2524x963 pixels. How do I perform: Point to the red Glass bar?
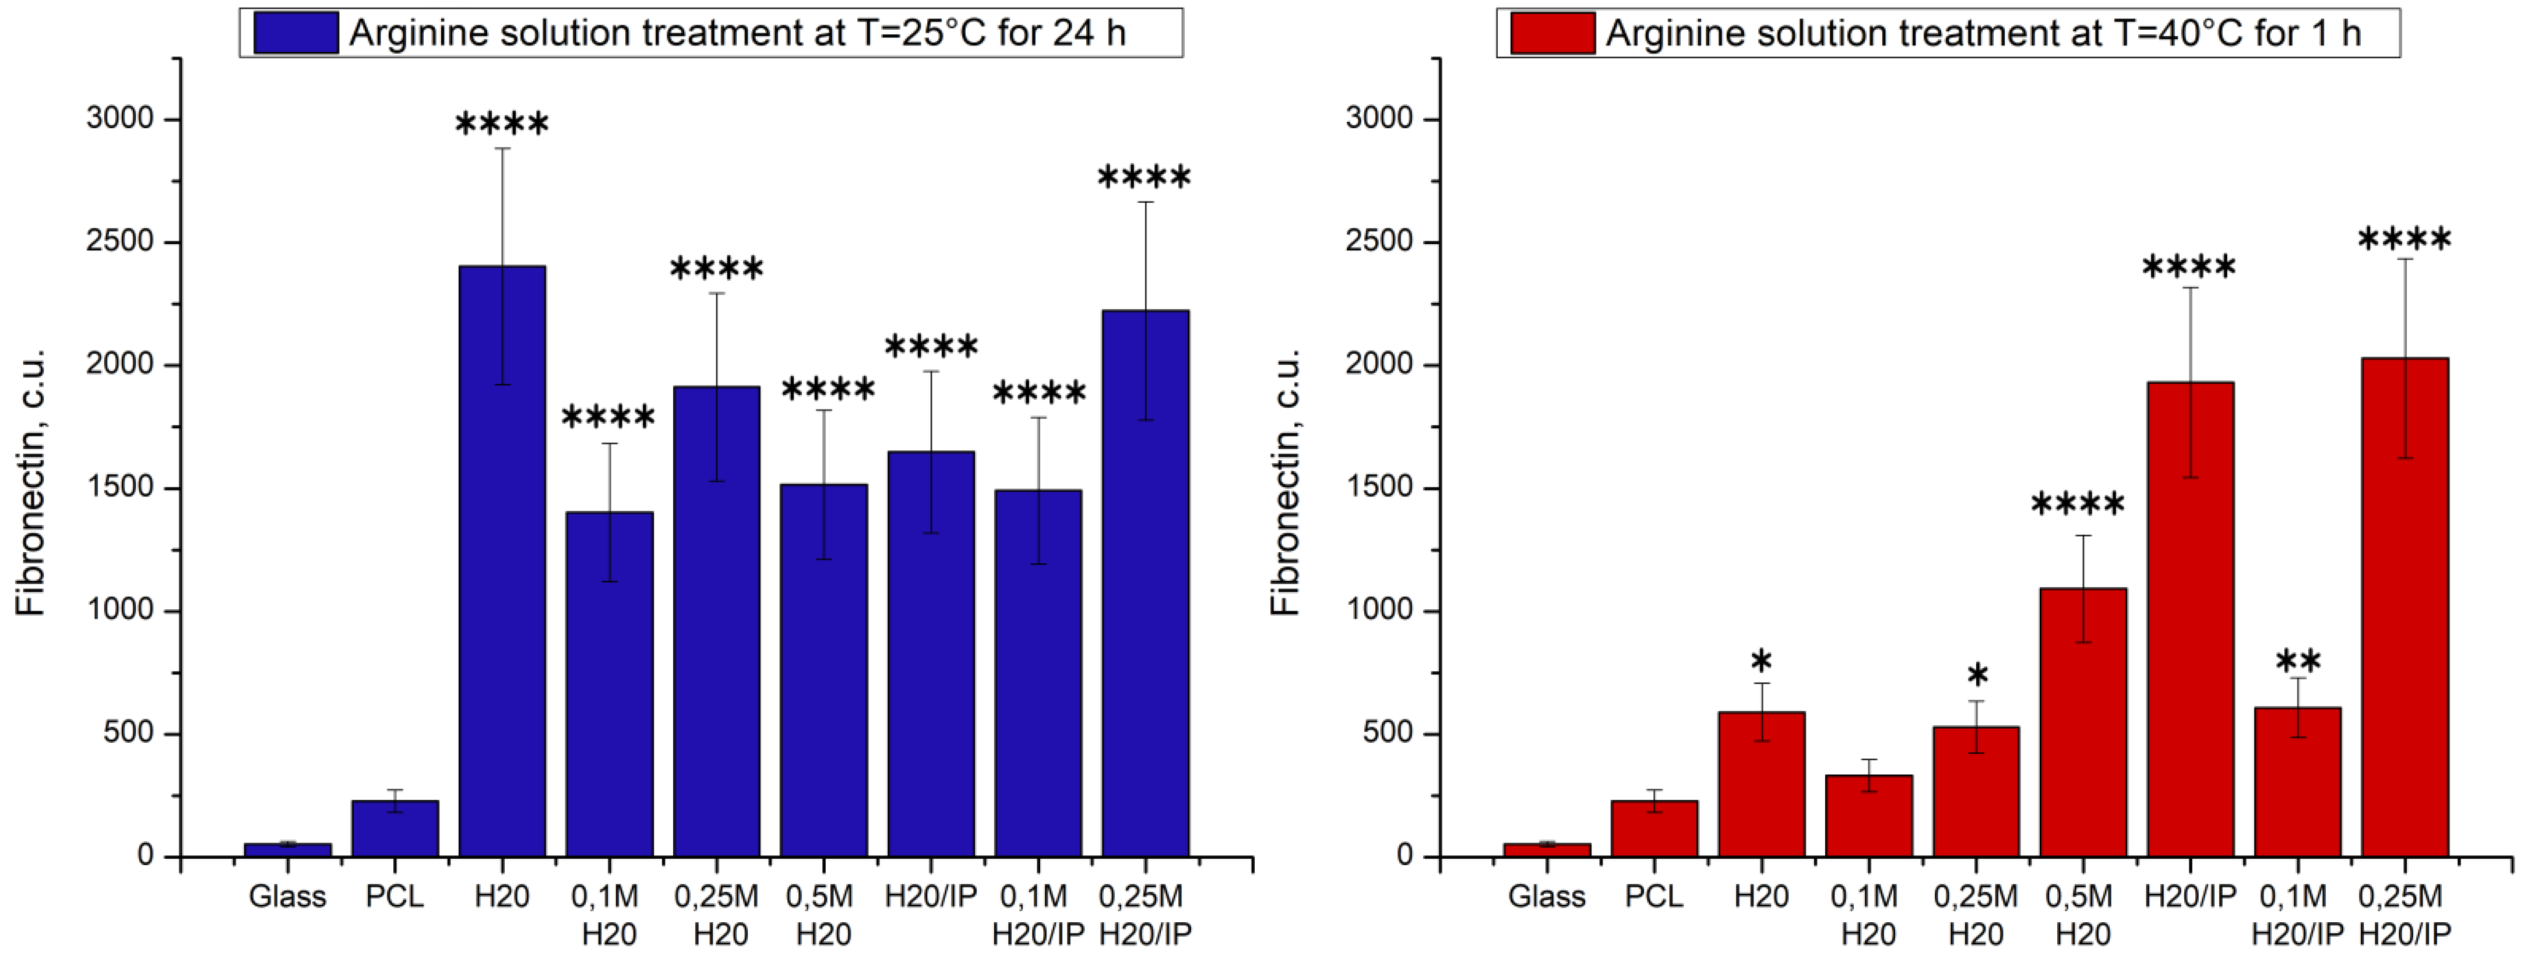pos(1546,849)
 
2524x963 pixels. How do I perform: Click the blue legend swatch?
pos(296,32)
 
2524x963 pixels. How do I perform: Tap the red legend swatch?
pos(1552,32)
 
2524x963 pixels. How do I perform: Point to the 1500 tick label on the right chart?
pos(1379,487)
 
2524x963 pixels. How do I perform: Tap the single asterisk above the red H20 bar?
pos(1761,659)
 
